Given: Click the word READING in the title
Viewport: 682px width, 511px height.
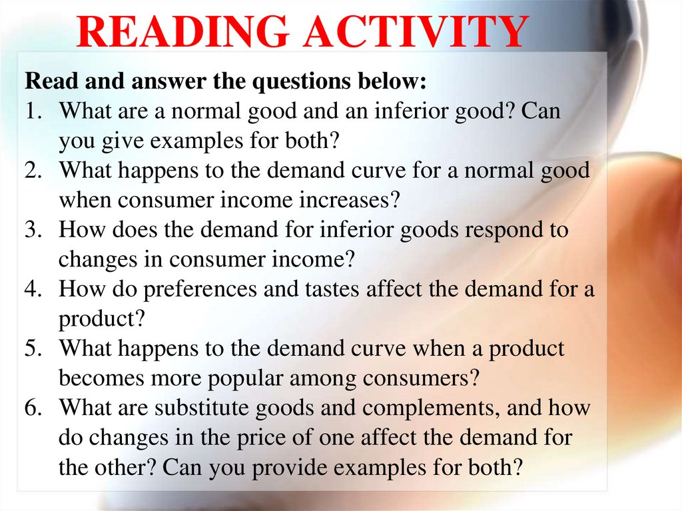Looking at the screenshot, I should click(x=169, y=31).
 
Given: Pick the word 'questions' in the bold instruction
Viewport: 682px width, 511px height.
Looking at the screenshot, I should click(x=292, y=83).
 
